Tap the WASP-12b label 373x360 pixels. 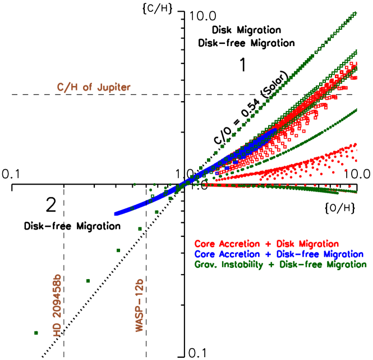pos(140,304)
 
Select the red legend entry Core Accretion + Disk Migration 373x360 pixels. pos(266,244)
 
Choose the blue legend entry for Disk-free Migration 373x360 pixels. pos(280,254)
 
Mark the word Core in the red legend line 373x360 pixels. pos(204,244)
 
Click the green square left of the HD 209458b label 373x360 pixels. pos(36,333)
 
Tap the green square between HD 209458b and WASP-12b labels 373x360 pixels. pos(88,280)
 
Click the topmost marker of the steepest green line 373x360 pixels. pos(354,13)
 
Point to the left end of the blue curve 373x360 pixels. pos(115,213)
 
